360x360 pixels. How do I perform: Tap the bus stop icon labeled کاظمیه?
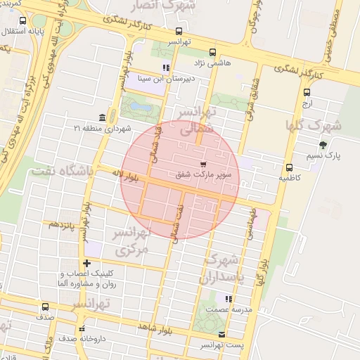coord(289,167)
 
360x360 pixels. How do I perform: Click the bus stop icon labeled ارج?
coord(307,92)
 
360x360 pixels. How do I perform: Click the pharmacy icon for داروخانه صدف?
coord(82,328)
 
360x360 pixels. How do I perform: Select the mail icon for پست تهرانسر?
coord(222,334)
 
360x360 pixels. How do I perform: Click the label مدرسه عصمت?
coord(225,309)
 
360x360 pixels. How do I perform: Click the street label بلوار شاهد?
coord(157,328)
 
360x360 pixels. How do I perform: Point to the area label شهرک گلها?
coord(314,126)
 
